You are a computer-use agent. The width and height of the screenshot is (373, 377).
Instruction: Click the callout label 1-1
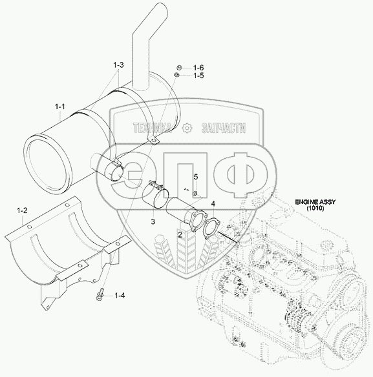pyautogui.click(x=60, y=107)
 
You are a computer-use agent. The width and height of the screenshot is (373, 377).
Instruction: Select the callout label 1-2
pyautogui.click(x=22, y=210)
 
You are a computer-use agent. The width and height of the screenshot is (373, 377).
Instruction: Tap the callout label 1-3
pyautogui.click(x=118, y=65)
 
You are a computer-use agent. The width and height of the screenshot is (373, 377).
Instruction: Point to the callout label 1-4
pyautogui.click(x=120, y=296)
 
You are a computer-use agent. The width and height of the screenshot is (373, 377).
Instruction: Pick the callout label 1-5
pyautogui.click(x=198, y=76)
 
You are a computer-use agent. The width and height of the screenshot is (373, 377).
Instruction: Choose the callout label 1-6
pyautogui.click(x=198, y=68)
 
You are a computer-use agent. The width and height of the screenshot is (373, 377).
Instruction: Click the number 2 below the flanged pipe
pyautogui.click(x=180, y=235)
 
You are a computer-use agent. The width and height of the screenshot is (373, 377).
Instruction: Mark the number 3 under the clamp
pyautogui.click(x=153, y=221)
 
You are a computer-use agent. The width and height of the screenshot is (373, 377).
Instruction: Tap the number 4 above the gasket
pyautogui.click(x=213, y=204)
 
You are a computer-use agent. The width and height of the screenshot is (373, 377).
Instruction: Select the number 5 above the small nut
pyautogui.click(x=196, y=177)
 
